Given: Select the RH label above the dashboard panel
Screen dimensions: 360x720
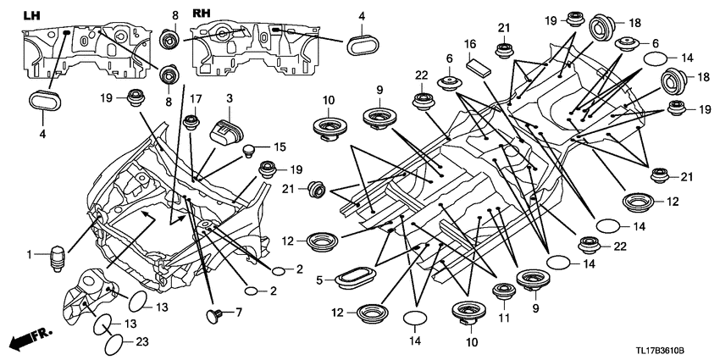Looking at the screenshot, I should click(202, 14).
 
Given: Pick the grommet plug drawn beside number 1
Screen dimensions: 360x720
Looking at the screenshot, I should click(56, 257).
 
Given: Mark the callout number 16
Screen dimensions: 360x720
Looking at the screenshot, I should click(470, 43).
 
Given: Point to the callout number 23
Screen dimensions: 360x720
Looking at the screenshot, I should click(141, 341).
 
